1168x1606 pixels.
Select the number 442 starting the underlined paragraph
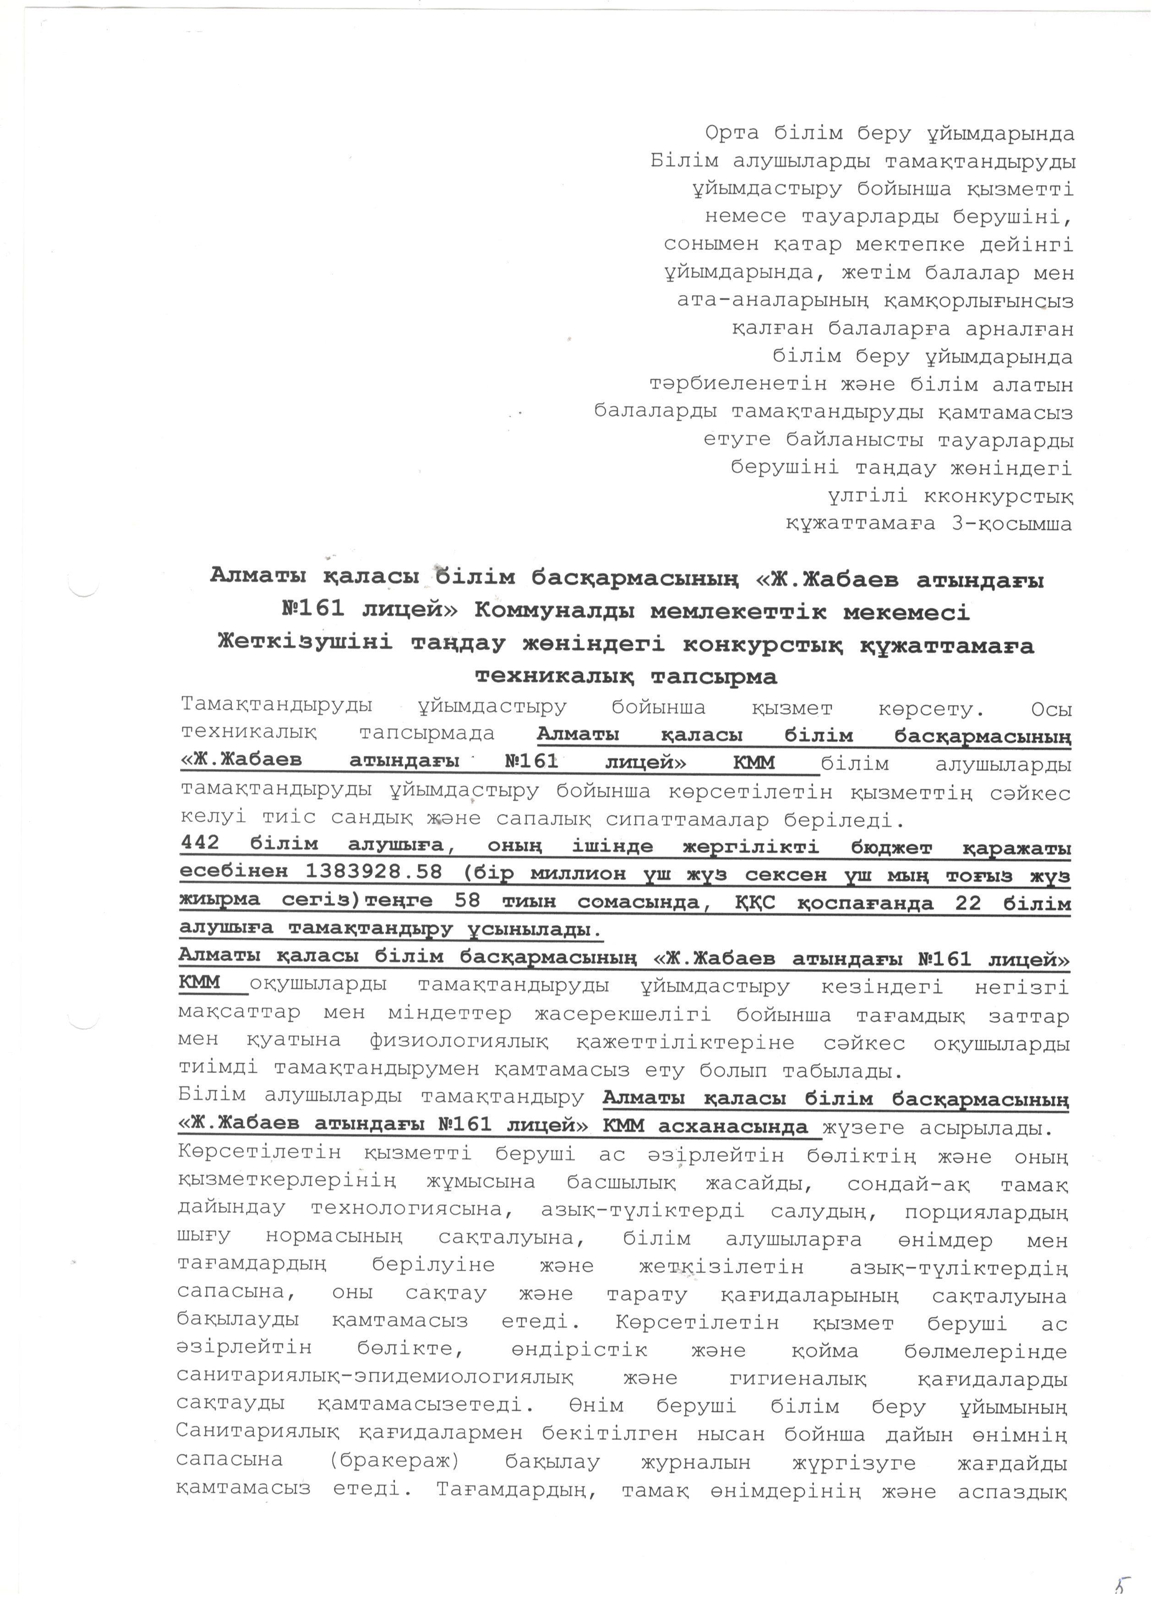(x=201, y=845)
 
